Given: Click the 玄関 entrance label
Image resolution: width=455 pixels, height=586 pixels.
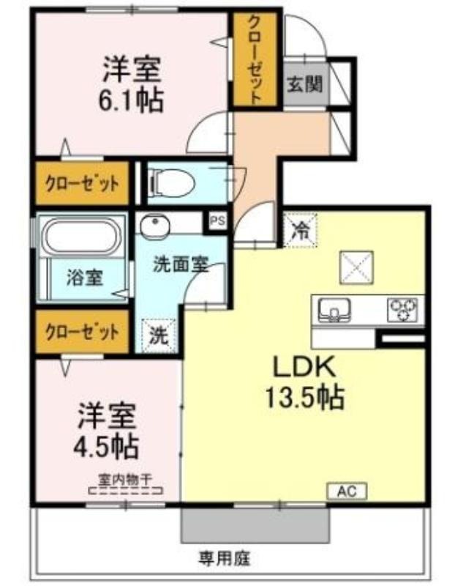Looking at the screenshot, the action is (304, 84).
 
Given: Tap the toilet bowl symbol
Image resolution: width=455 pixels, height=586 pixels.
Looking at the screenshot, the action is (172, 182).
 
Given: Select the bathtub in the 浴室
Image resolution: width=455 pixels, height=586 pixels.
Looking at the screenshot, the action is (82, 236).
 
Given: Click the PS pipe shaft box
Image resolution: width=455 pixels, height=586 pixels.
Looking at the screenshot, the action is (217, 220).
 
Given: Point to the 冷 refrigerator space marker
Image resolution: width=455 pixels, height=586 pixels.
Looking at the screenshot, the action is (300, 230).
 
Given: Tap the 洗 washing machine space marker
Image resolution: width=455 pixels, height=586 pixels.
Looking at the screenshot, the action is (159, 335).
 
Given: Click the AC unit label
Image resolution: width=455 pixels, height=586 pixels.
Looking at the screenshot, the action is (347, 491).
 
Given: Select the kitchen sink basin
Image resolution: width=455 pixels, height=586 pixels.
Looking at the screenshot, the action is (334, 310).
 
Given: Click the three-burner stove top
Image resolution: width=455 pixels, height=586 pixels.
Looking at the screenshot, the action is (403, 310).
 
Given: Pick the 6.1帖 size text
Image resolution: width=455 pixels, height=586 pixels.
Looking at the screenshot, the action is (131, 100).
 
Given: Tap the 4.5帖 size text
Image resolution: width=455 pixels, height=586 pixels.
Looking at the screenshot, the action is (105, 447).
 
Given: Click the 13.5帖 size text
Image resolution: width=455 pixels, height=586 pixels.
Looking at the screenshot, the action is (304, 397).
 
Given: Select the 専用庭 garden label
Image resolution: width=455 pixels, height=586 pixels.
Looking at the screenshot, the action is (225, 558).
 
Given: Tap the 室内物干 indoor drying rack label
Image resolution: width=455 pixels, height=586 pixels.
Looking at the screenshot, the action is (125, 480).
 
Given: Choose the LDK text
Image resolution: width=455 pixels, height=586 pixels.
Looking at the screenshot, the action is (304, 367).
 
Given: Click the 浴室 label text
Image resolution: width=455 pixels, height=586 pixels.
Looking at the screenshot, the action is (85, 278).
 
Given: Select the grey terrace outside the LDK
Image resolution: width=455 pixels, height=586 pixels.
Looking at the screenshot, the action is (255, 525).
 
